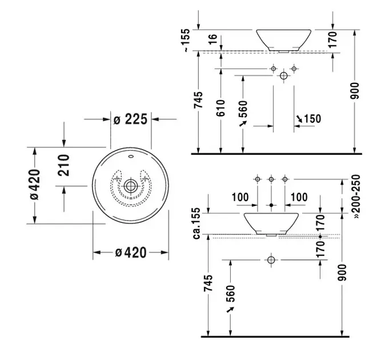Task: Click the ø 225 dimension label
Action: [131, 119]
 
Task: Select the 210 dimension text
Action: [63, 165]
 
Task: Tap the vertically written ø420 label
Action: [34, 185]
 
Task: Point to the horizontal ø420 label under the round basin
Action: [130, 252]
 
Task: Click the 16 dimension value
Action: [212, 39]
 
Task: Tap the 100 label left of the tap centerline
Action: [241, 197]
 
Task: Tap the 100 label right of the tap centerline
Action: [299, 197]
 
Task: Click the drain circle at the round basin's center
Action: [131, 185]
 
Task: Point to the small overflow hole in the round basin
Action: [131, 155]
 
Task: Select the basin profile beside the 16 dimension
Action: [283, 39]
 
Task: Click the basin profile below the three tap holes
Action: [271, 223]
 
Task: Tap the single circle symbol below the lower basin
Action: [271, 260]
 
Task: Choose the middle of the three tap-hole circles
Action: [271, 180]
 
